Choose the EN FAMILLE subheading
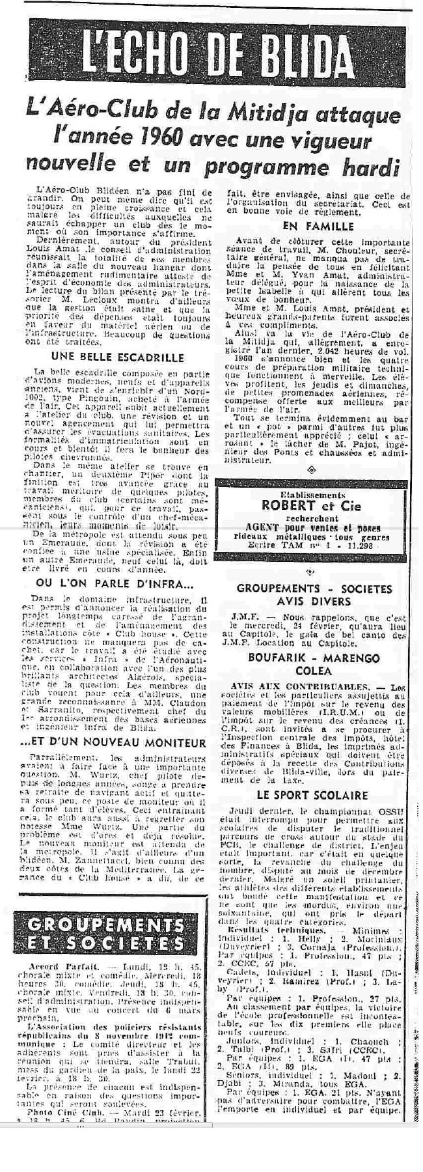319,226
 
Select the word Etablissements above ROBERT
317,493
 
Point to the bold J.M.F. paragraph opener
240,615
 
